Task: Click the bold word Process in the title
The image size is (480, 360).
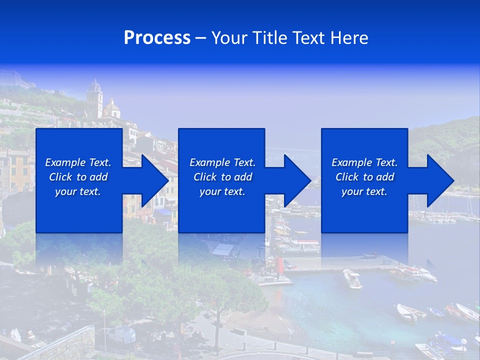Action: click(157, 38)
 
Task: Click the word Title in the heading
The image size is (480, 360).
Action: click(270, 38)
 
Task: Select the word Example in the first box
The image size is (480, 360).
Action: click(65, 162)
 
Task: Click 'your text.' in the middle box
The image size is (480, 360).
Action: click(222, 191)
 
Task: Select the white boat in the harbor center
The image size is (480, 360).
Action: click(352, 278)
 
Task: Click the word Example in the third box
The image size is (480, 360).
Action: click(351, 162)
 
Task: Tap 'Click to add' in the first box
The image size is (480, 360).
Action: click(78, 177)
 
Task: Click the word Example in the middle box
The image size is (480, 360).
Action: click(209, 162)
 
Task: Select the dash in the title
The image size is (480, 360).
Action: click(200, 38)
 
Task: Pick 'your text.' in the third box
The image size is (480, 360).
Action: click(364, 191)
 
